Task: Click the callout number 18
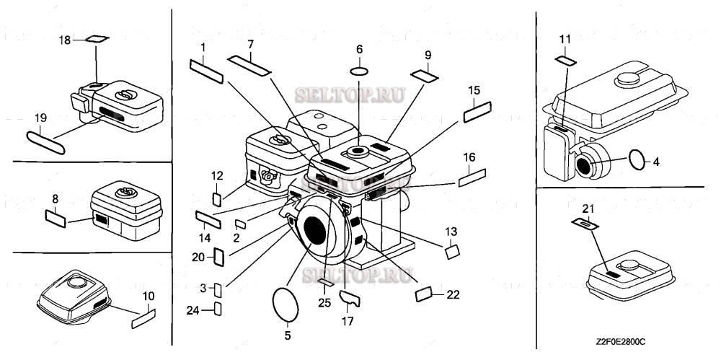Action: pos(65,40)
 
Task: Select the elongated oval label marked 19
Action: pos(46,141)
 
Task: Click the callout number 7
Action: pos(250,45)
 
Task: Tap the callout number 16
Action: pos(469,157)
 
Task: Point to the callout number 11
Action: pos(565,38)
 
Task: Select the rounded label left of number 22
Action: pos(425,293)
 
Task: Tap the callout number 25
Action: pos(324,303)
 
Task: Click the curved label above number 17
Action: pos(350,297)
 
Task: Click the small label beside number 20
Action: pos(221,255)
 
